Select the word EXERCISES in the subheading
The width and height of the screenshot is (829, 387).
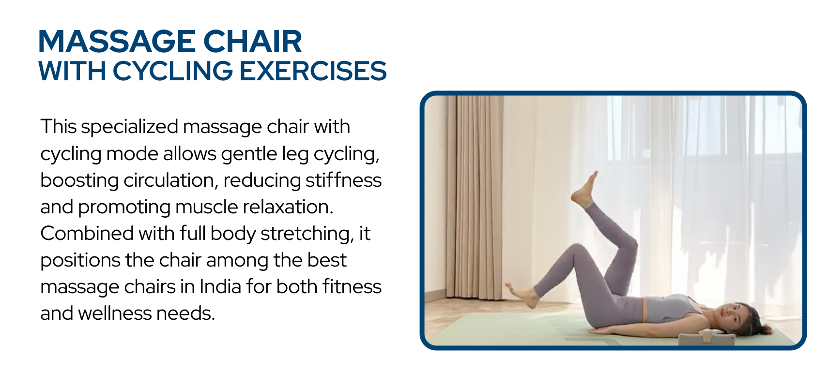[313, 71]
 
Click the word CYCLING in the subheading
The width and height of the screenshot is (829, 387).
[173, 71]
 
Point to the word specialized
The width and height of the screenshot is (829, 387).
[130, 127]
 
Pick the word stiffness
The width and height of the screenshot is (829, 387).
[343, 180]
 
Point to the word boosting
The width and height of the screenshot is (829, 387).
[79, 181]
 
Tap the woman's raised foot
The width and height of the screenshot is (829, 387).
[585, 190]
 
